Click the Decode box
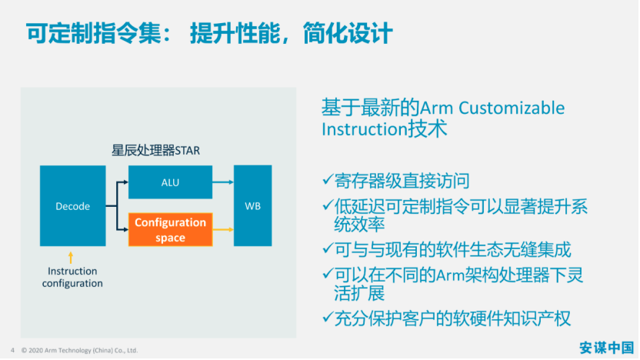72,205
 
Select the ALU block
170,182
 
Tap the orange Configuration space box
170,229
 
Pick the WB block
252,205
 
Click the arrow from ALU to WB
223,182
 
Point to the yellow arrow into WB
223,230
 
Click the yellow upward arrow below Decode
71,258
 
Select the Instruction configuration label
72,277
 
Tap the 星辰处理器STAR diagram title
156,150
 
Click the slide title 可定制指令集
94,33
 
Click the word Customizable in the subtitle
512,108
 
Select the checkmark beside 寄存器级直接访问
328,179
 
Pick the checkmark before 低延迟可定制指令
328,205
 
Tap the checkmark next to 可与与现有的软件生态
328,248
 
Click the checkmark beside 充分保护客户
328,317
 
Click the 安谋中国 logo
606,348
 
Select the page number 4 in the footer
12,350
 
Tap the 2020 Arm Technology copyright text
79,350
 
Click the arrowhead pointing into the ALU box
125,182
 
